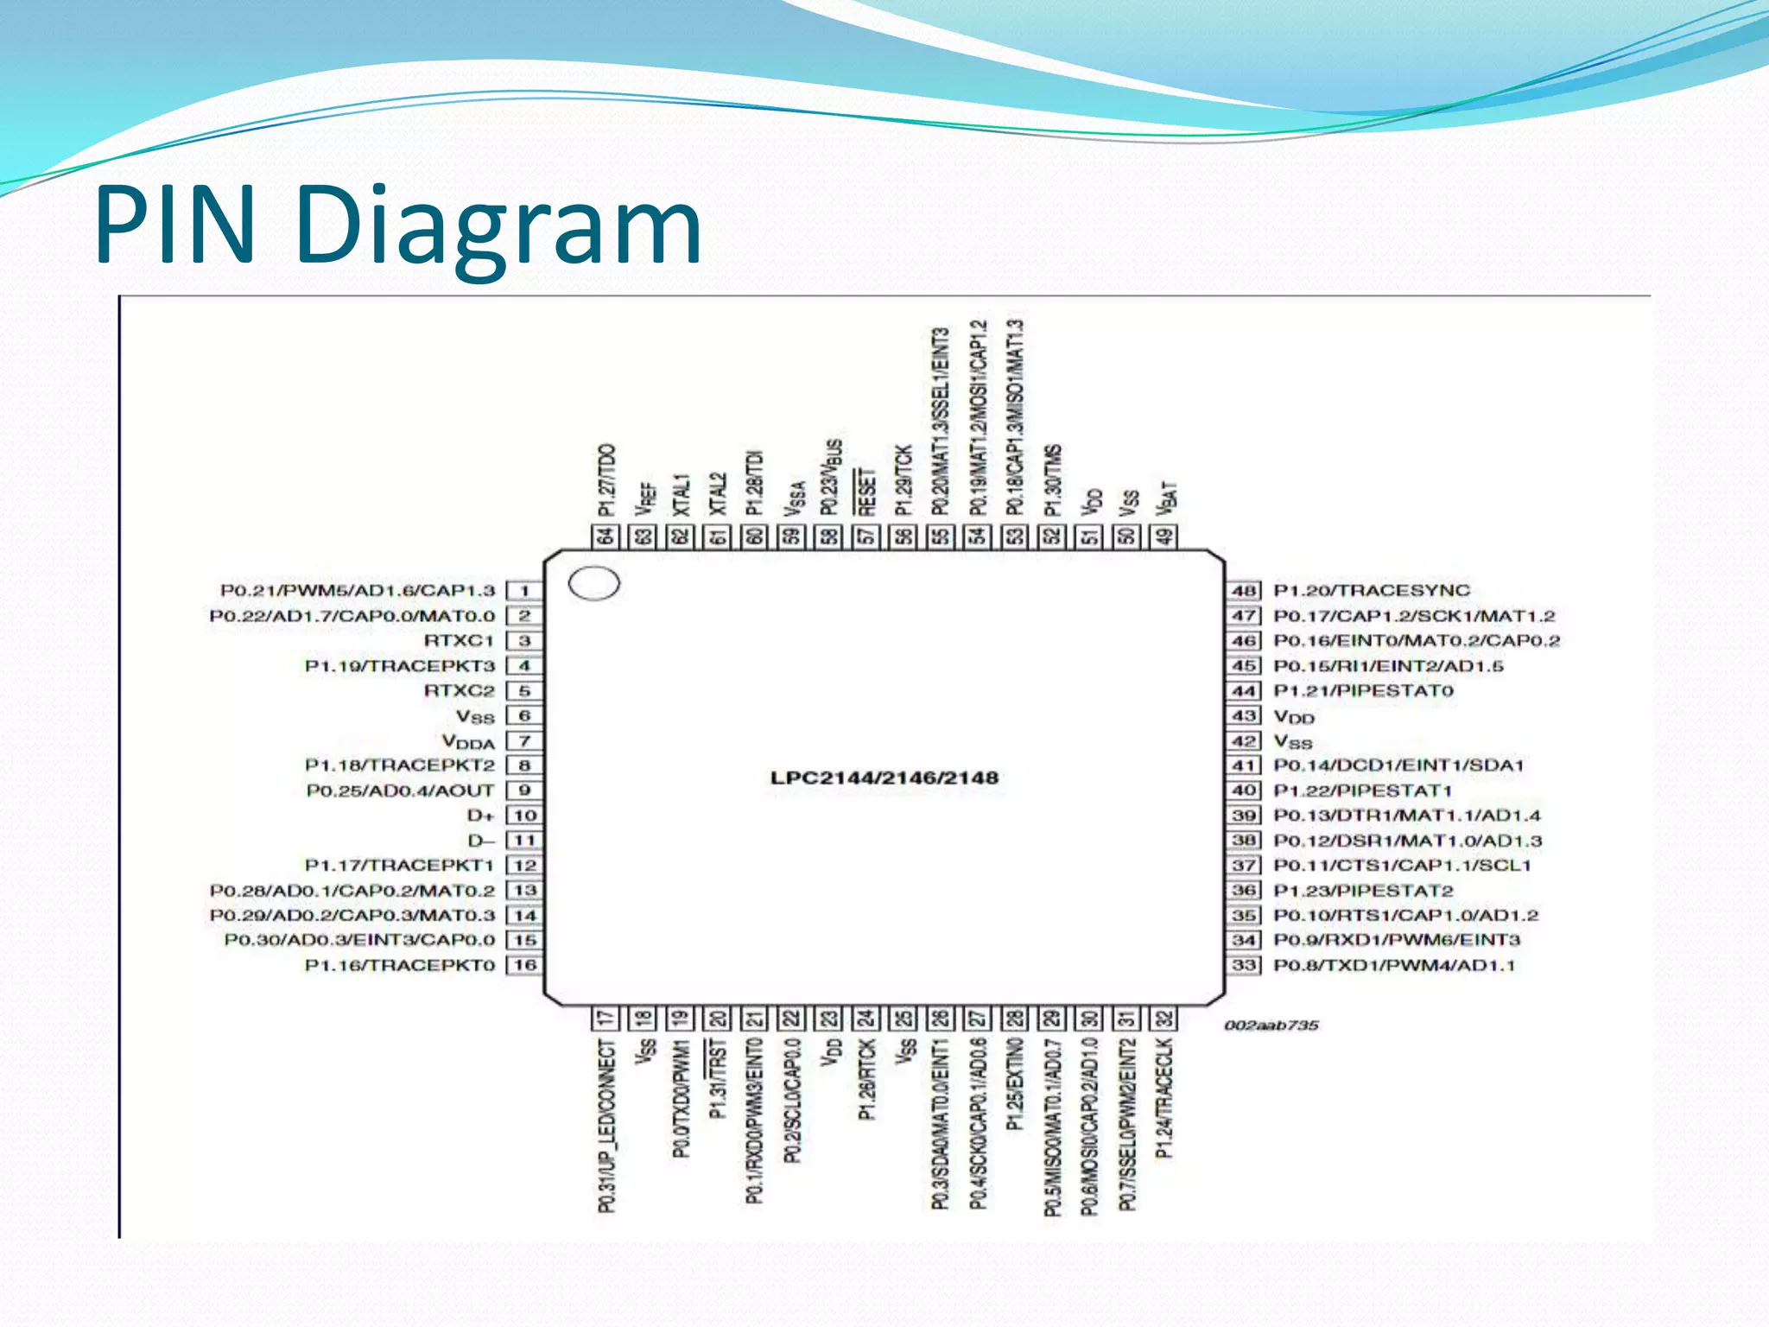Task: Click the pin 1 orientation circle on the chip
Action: click(x=594, y=584)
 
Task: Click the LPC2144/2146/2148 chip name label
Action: click(x=884, y=778)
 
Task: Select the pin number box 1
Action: click(x=524, y=591)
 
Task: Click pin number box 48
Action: click(x=1244, y=591)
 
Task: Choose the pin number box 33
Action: click(x=1244, y=965)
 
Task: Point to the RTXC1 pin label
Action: click(x=459, y=641)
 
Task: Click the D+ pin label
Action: click(x=480, y=816)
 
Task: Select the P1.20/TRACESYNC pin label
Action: click(x=1372, y=591)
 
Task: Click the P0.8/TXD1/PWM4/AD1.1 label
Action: click(x=1394, y=965)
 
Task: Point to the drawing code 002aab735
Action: click(x=1271, y=1025)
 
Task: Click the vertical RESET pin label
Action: click(x=866, y=492)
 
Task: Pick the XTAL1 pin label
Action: click(x=682, y=495)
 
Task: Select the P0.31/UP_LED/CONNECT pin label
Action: click(x=607, y=1126)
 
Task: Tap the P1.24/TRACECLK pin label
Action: click(x=1164, y=1098)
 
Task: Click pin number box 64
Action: click(x=606, y=537)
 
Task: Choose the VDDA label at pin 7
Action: click(x=468, y=742)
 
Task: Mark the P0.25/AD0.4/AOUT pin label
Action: click(x=400, y=790)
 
